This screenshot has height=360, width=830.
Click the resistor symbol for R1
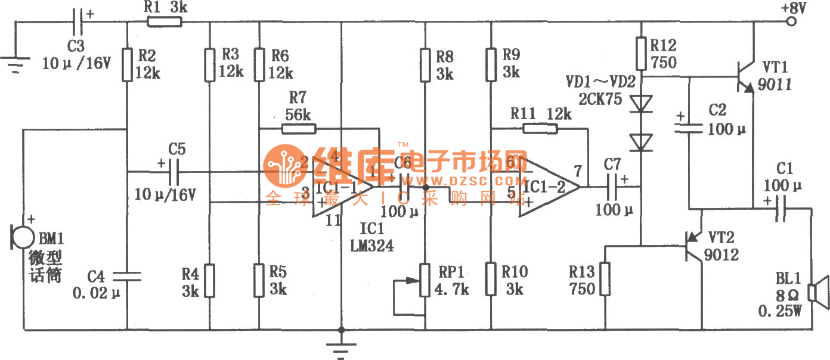164,22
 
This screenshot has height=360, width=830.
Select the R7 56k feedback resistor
298,129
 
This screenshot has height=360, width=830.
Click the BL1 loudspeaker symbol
817,293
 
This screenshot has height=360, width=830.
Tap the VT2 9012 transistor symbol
696,244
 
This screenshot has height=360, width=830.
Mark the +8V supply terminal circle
791,22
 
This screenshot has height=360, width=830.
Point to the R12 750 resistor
642,54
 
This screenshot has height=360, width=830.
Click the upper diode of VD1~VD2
642,104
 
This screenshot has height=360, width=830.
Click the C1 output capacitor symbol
779,209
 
